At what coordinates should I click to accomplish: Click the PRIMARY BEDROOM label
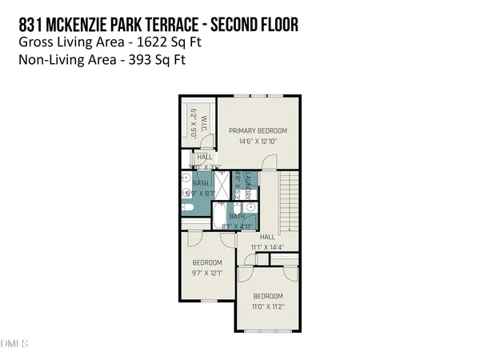coord(258,130)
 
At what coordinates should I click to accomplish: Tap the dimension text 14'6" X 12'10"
coord(258,142)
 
